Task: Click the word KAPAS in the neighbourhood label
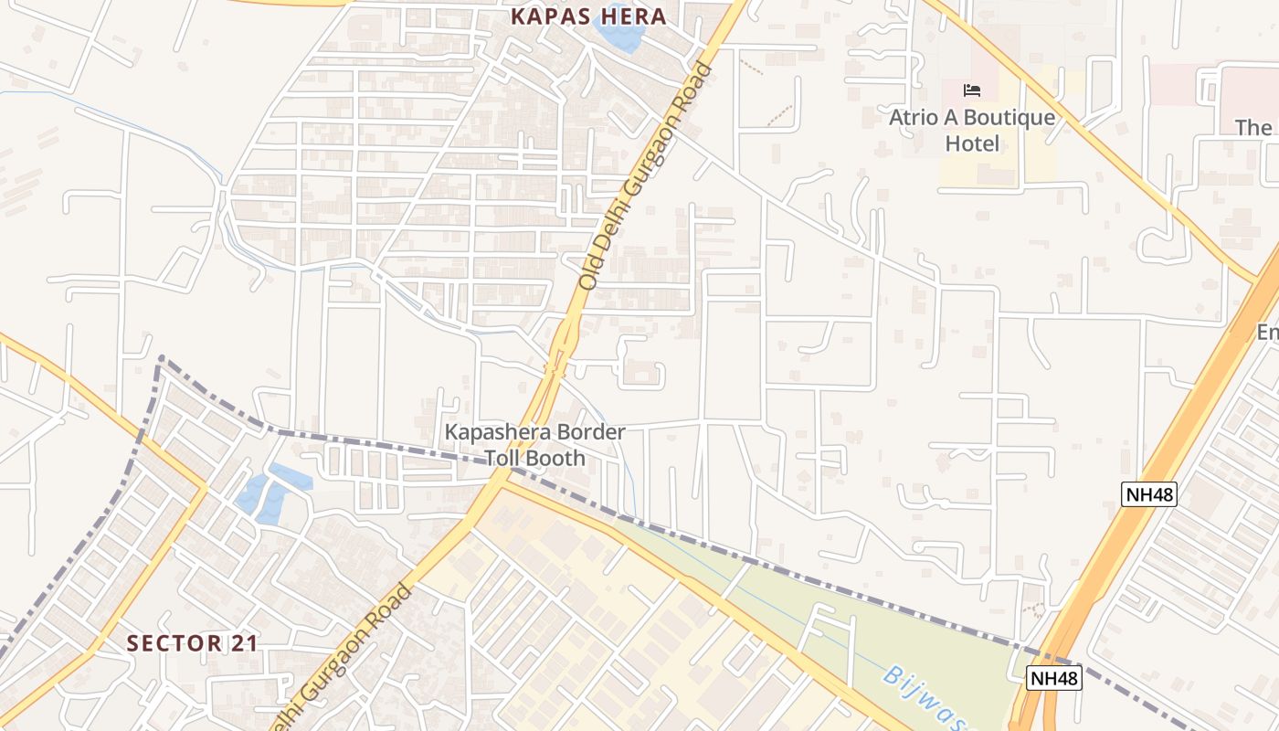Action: point(549,16)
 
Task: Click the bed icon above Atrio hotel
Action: point(972,90)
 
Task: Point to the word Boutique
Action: point(1009,118)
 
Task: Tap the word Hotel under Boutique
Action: point(972,143)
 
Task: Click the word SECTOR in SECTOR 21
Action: point(174,643)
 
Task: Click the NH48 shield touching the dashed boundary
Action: point(1053,678)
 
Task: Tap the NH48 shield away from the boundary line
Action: point(1148,494)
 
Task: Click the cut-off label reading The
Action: point(1254,127)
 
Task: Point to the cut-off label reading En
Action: point(1267,333)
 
